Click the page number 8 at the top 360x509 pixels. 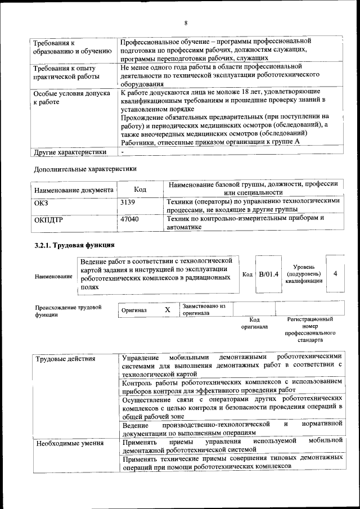pyautogui.click(x=185, y=23)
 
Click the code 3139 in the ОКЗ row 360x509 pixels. pyautogui.click(x=129, y=201)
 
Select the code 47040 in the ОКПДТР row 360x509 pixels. pyautogui.click(x=130, y=219)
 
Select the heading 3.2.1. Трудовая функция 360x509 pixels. pyautogui.click(x=74, y=245)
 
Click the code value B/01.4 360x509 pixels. pyautogui.click(x=268, y=274)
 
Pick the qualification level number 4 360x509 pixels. pyautogui.click(x=335, y=273)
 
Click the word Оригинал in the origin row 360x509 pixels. pyautogui.click(x=134, y=310)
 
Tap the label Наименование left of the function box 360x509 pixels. pyautogui.click(x=53, y=277)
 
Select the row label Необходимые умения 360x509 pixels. pyautogui.click(x=70, y=444)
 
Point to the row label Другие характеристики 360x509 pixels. pyautogui.click(x=70, y=152)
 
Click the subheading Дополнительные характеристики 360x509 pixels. pyautogui.click(x=84, y=168)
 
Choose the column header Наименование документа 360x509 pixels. pyautogui.click(x=74, y=190)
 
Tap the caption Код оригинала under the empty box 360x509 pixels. pyautogui.click(x=254, y=323)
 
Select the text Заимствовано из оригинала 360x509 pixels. pyautogui.click(x=203, y=309)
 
